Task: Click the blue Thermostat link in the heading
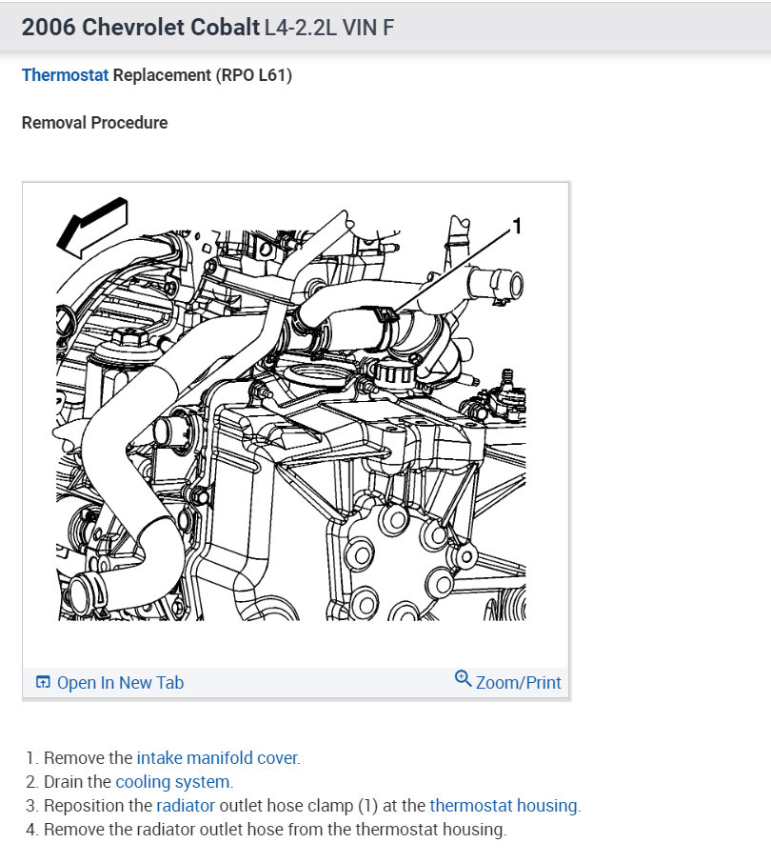click(65, 75)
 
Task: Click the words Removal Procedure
click(94, 123)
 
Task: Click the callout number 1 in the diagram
click(517, 226)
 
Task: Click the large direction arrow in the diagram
click(89, 226)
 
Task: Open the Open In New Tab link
click(120, 682)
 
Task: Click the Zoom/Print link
click(518, 682)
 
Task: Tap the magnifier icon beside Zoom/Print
click(464, 679)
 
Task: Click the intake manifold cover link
click(217, 758)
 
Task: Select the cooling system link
click(172, 782)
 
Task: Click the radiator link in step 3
click(186, 806)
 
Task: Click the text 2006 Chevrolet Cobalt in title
click(139, 28)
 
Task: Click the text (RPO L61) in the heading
click(254, 75)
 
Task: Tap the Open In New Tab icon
click(43, 682)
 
